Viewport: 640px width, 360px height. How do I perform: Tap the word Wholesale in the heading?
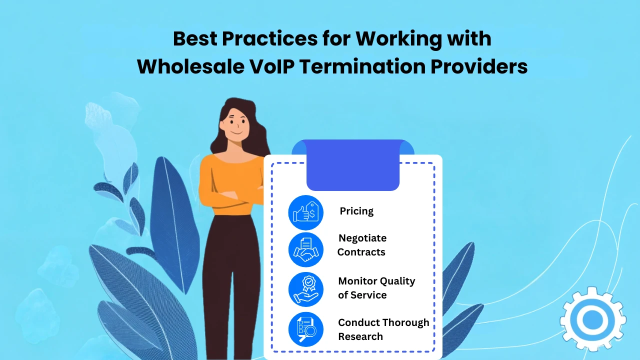click(190, 66)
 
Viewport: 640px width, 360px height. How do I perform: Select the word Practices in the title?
click(269, 38)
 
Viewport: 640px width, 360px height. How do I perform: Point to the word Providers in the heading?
click(479, 66)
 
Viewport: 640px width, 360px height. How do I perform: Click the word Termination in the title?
click(362, 66)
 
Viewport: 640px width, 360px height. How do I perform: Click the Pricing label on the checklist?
click(356, 211)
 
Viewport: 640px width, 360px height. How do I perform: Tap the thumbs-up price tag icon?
click(305, 212)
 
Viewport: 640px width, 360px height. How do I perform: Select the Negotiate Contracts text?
click(362, 245)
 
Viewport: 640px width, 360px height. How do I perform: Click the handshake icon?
click(305, 249)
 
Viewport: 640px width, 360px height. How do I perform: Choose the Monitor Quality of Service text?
click(376, 288)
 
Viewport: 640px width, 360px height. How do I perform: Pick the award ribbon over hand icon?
click(305, 289)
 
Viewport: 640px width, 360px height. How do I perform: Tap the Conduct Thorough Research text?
click(383, 329)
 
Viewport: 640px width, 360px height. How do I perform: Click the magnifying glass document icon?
click(305, 329)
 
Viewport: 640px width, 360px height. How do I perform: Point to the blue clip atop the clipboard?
click(353, 165)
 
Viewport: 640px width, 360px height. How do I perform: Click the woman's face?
click(235, 125)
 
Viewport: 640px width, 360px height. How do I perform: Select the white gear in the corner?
click(593, 319)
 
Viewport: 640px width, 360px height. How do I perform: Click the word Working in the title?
click(399, 39)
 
